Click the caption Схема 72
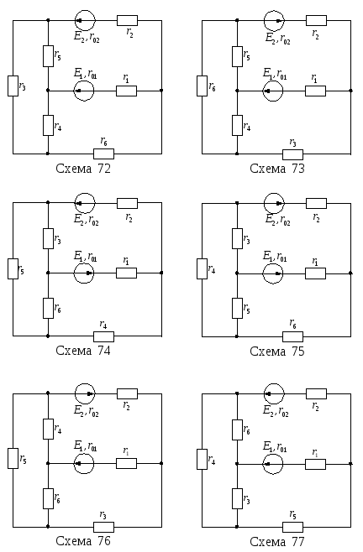[83, 169]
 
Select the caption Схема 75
[277, 351]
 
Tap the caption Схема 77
[277, 541]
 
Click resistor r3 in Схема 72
[13, 86]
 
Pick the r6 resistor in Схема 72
[103, 154]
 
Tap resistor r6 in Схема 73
[203, 86]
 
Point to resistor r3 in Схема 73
[292, 154]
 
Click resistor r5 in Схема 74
[13, 268]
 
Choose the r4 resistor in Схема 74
[103, 336]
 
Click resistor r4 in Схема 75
[203, 268]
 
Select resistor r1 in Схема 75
[315, 273]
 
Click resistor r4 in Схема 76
[49, 429]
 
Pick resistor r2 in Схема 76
[128, 393]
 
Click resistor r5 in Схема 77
[292, 527]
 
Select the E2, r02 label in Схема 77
[276, 411]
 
